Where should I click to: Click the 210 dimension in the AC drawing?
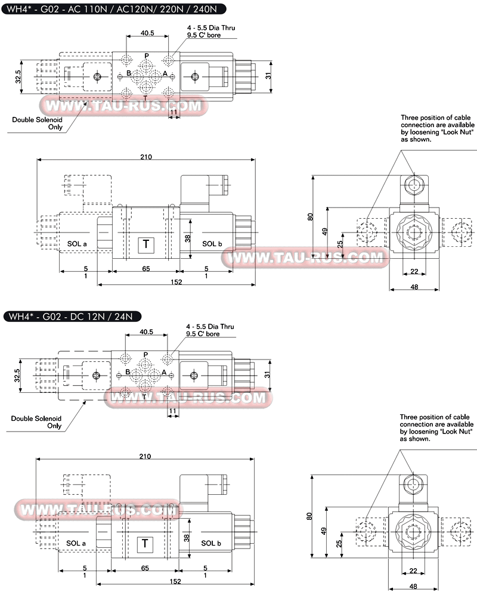click(146, 157)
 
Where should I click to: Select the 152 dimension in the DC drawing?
click(175, 581)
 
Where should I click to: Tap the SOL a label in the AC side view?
click(77, 244)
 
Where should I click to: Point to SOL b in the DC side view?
click(211, 543)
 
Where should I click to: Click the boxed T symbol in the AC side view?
click(146, 244)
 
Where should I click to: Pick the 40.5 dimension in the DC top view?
click(146, 331)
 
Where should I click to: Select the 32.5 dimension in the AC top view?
click(18, 76)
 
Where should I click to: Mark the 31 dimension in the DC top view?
click(267, 375)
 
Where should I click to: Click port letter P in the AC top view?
click(147, 56)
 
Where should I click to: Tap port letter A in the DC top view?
click(164, 372)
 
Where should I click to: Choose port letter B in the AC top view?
click(129, 73)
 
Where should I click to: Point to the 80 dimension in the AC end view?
click(311, 216)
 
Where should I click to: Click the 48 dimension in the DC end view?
click(413, 587)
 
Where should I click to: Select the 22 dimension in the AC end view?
click(414, 271)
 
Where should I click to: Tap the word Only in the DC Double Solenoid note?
click(54, 426)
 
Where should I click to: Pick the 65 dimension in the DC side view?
click(145, 568)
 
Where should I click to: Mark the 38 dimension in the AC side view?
click(188, 238)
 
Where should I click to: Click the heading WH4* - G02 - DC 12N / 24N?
click(70, 317)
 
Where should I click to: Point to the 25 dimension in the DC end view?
click(339, 543)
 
